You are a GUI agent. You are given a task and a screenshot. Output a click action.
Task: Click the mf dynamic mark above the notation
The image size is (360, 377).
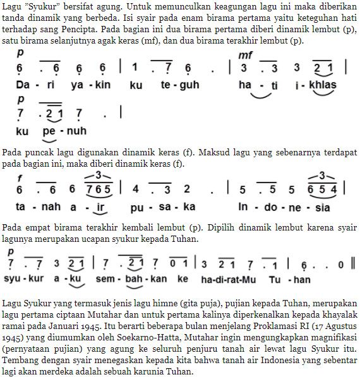[x=244, y=56]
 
